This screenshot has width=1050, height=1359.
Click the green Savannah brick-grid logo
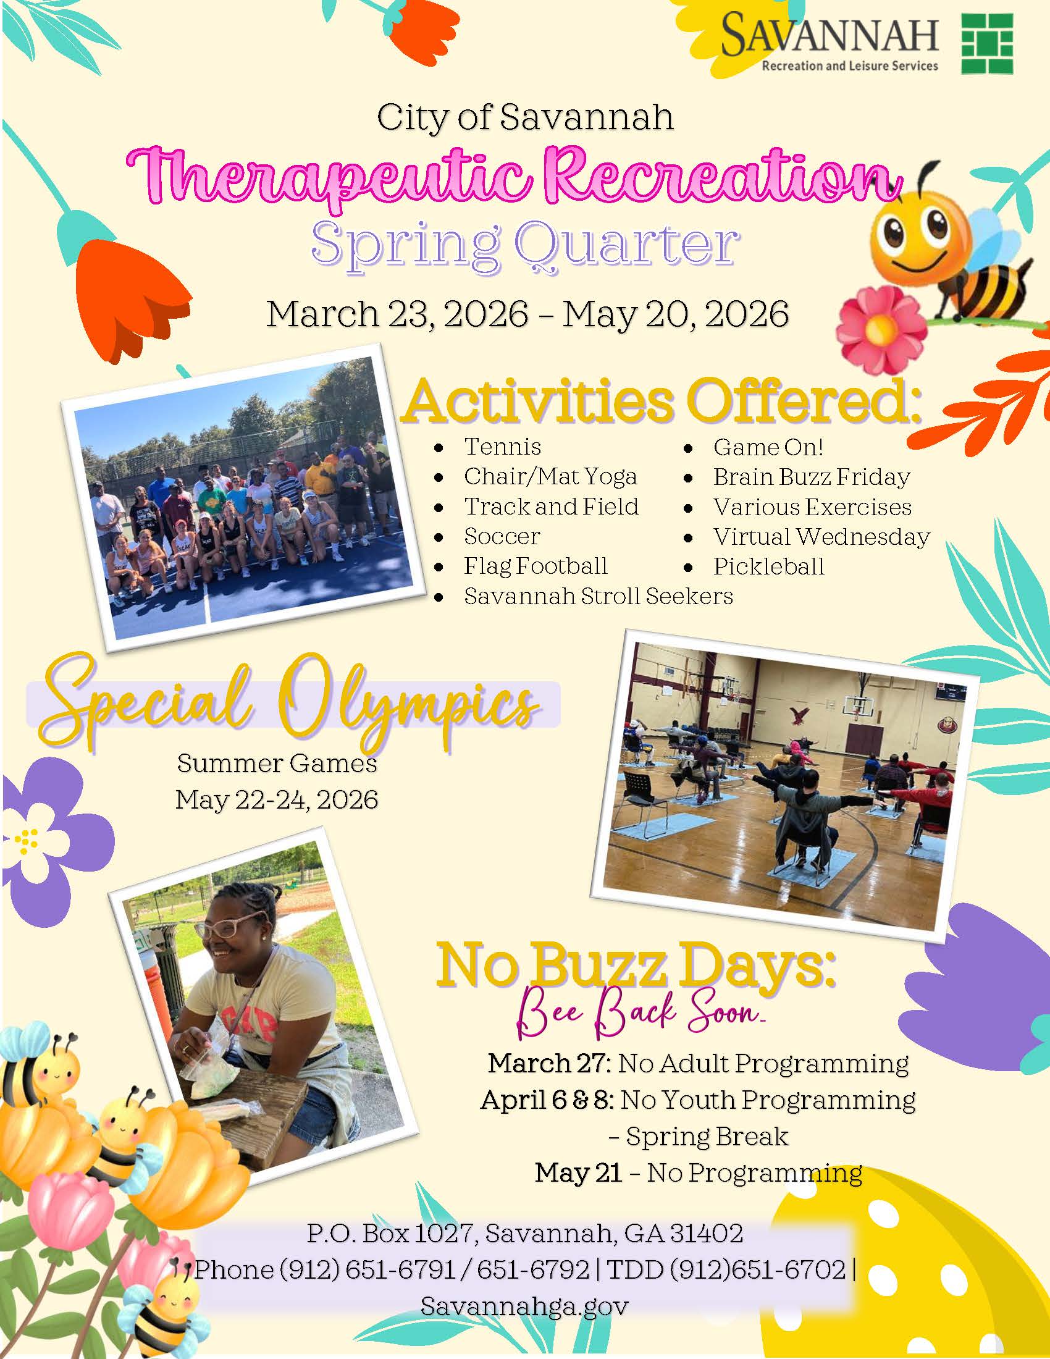click(x=987, y=44)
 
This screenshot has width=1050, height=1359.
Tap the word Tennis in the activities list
click(x=503, y=447)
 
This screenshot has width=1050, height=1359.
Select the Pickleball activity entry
click(x=769, y=566)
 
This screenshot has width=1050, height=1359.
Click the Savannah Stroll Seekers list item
click(x=598, y=596)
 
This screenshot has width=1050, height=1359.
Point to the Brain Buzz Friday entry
click(x=811, y=477)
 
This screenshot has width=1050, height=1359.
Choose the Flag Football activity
click(x=535, y=566)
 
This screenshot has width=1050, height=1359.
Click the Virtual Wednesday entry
click(x=821, y=536)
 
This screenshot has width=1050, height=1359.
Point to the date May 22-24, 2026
click(x=277, y=799)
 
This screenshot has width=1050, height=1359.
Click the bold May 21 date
click(x=578, y=1173)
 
